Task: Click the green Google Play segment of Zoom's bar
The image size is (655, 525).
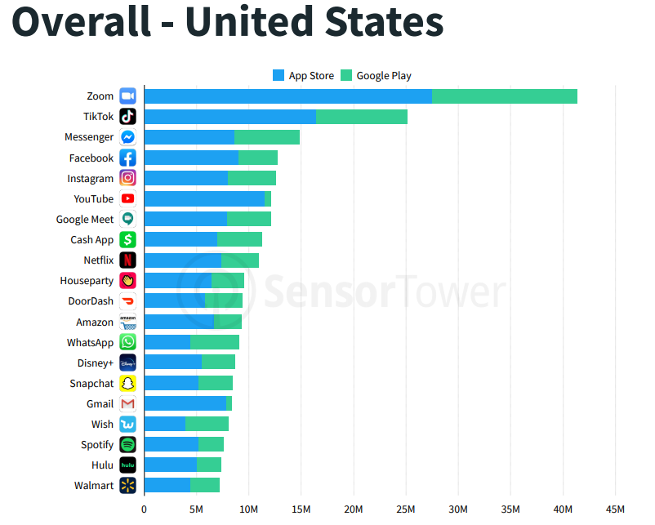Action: click(x=504, y=96)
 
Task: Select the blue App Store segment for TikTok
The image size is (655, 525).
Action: click(x=229, y=117)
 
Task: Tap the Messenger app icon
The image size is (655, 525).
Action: click(x=127, y=137)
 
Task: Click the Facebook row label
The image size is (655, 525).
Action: click(x=91, y=158)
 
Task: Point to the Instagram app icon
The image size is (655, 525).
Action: click(x=127, y=178)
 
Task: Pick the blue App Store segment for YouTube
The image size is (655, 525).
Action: click(x=204, y=198)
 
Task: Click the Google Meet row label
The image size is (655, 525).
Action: click(x=85, y=220)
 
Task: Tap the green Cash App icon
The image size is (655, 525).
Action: click(x=127, y=240)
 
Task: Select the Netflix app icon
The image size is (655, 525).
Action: click(x=127, y=260)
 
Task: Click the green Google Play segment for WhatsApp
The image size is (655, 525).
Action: click(x=215, y=342)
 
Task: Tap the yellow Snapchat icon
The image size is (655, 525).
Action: click(x=127, y=383)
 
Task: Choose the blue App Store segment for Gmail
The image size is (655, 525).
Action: click(x=185, y=403)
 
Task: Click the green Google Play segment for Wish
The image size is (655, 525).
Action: click(x=207, y=424)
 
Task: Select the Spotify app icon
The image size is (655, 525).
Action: click(x=127, y=444)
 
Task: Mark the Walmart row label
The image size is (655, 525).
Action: click(x=94, y=486)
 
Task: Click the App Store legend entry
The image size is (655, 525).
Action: click(x=303, y=76)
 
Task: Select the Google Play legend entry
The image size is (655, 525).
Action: click(x=376, y=76)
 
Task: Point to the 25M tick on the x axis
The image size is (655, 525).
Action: click(x=406, y=509)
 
